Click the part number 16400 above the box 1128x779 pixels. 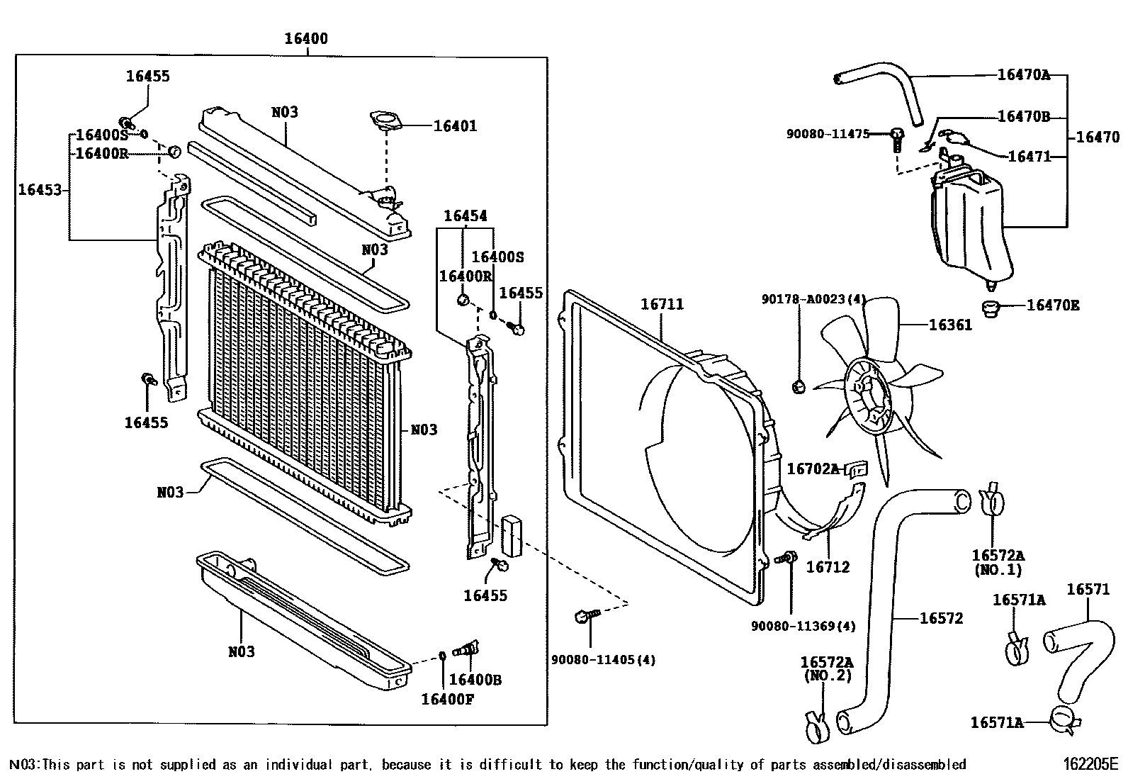tap(306, 38)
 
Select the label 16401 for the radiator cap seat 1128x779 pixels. tap(455, 126)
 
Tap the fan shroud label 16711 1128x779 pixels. tap(662, 304)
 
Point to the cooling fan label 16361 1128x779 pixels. tap(950, 325)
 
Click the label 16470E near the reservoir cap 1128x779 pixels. tap(1053, 306)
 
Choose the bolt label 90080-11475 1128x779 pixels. tap(828, 133)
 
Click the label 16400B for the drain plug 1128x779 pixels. tap(475, 680)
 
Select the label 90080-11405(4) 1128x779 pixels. tap(603, 660)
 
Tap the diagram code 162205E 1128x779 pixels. tap(1089, 764)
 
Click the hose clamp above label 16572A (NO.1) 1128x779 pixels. tap(992, 500)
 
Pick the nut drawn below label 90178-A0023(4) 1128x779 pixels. tap(798, 386)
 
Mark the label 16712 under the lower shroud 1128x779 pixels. tap(828, 566)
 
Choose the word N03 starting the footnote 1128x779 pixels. tap(21, 764)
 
